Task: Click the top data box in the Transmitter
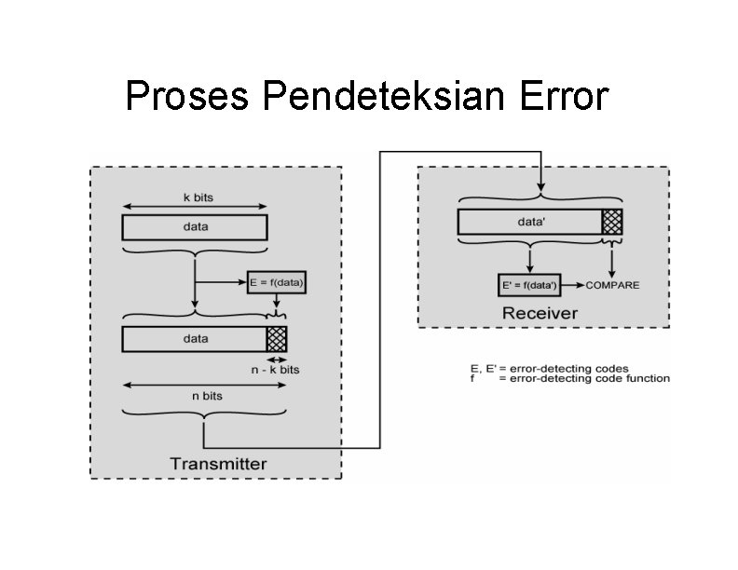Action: [195, 226]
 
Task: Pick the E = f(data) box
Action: [277, 280]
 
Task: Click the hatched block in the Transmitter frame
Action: [277, 339]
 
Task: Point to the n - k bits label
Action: [276, 370]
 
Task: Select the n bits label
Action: [207, 395]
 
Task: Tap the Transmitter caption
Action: [218, 464]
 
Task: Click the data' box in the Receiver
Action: [529, 222]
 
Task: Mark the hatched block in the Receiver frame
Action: [611, 222]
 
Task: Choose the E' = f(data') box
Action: [530, 284]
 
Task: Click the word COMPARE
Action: [612, 285]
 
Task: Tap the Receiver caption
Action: [540, 313]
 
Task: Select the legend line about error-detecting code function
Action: [569, 378]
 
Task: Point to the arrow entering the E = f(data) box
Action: [221, 279]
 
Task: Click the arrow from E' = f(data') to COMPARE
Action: [572, 284]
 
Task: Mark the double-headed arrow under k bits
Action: [195, 207]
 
